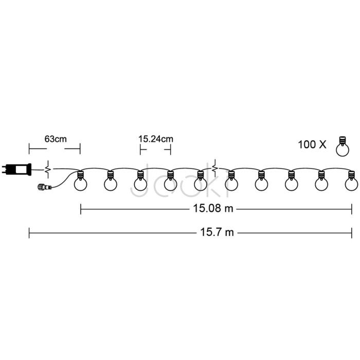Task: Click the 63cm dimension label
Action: [56, 139]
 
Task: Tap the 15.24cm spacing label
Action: [156, 139]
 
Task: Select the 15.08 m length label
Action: [213, 208]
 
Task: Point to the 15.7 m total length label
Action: [217, 232]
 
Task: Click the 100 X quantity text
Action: [312, 145]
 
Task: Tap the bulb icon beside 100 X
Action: [343, 147]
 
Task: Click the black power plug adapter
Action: [16, 169]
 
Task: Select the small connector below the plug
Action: [45, 187]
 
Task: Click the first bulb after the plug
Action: [80, 181]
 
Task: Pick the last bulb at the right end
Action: [351, 181]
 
